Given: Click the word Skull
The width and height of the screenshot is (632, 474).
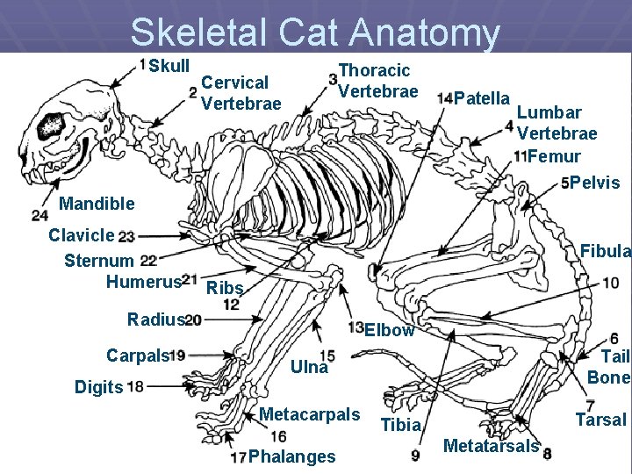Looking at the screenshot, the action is [169, 67].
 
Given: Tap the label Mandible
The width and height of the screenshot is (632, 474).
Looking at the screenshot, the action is [97, 204].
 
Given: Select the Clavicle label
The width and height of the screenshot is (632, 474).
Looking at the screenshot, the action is [82, 235].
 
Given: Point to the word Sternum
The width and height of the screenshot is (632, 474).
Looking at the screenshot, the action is [99, 260].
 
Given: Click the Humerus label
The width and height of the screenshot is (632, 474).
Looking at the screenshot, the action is [143, 281].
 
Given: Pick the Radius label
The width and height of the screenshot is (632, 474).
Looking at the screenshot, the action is [155, 320].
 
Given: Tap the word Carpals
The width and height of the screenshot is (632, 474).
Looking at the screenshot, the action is [137, 355].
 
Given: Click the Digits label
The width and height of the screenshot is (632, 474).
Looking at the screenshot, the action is [98, 386].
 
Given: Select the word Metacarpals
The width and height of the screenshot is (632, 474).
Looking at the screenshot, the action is [310, 414].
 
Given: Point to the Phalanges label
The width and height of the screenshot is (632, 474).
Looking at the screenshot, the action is [291, 456].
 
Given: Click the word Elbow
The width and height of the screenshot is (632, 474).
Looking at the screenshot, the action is [389, 331].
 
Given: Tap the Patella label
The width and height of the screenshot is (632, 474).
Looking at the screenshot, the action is [484, 97].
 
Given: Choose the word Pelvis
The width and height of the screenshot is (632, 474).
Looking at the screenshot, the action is [595, 183].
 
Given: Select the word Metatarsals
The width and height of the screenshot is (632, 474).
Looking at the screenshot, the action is [491, 446].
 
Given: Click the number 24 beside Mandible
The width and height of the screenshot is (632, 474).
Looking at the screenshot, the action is [39, 215].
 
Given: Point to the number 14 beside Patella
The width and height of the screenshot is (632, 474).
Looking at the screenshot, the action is [445, 97].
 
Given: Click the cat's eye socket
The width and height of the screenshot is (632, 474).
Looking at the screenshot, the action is [50, 126].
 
